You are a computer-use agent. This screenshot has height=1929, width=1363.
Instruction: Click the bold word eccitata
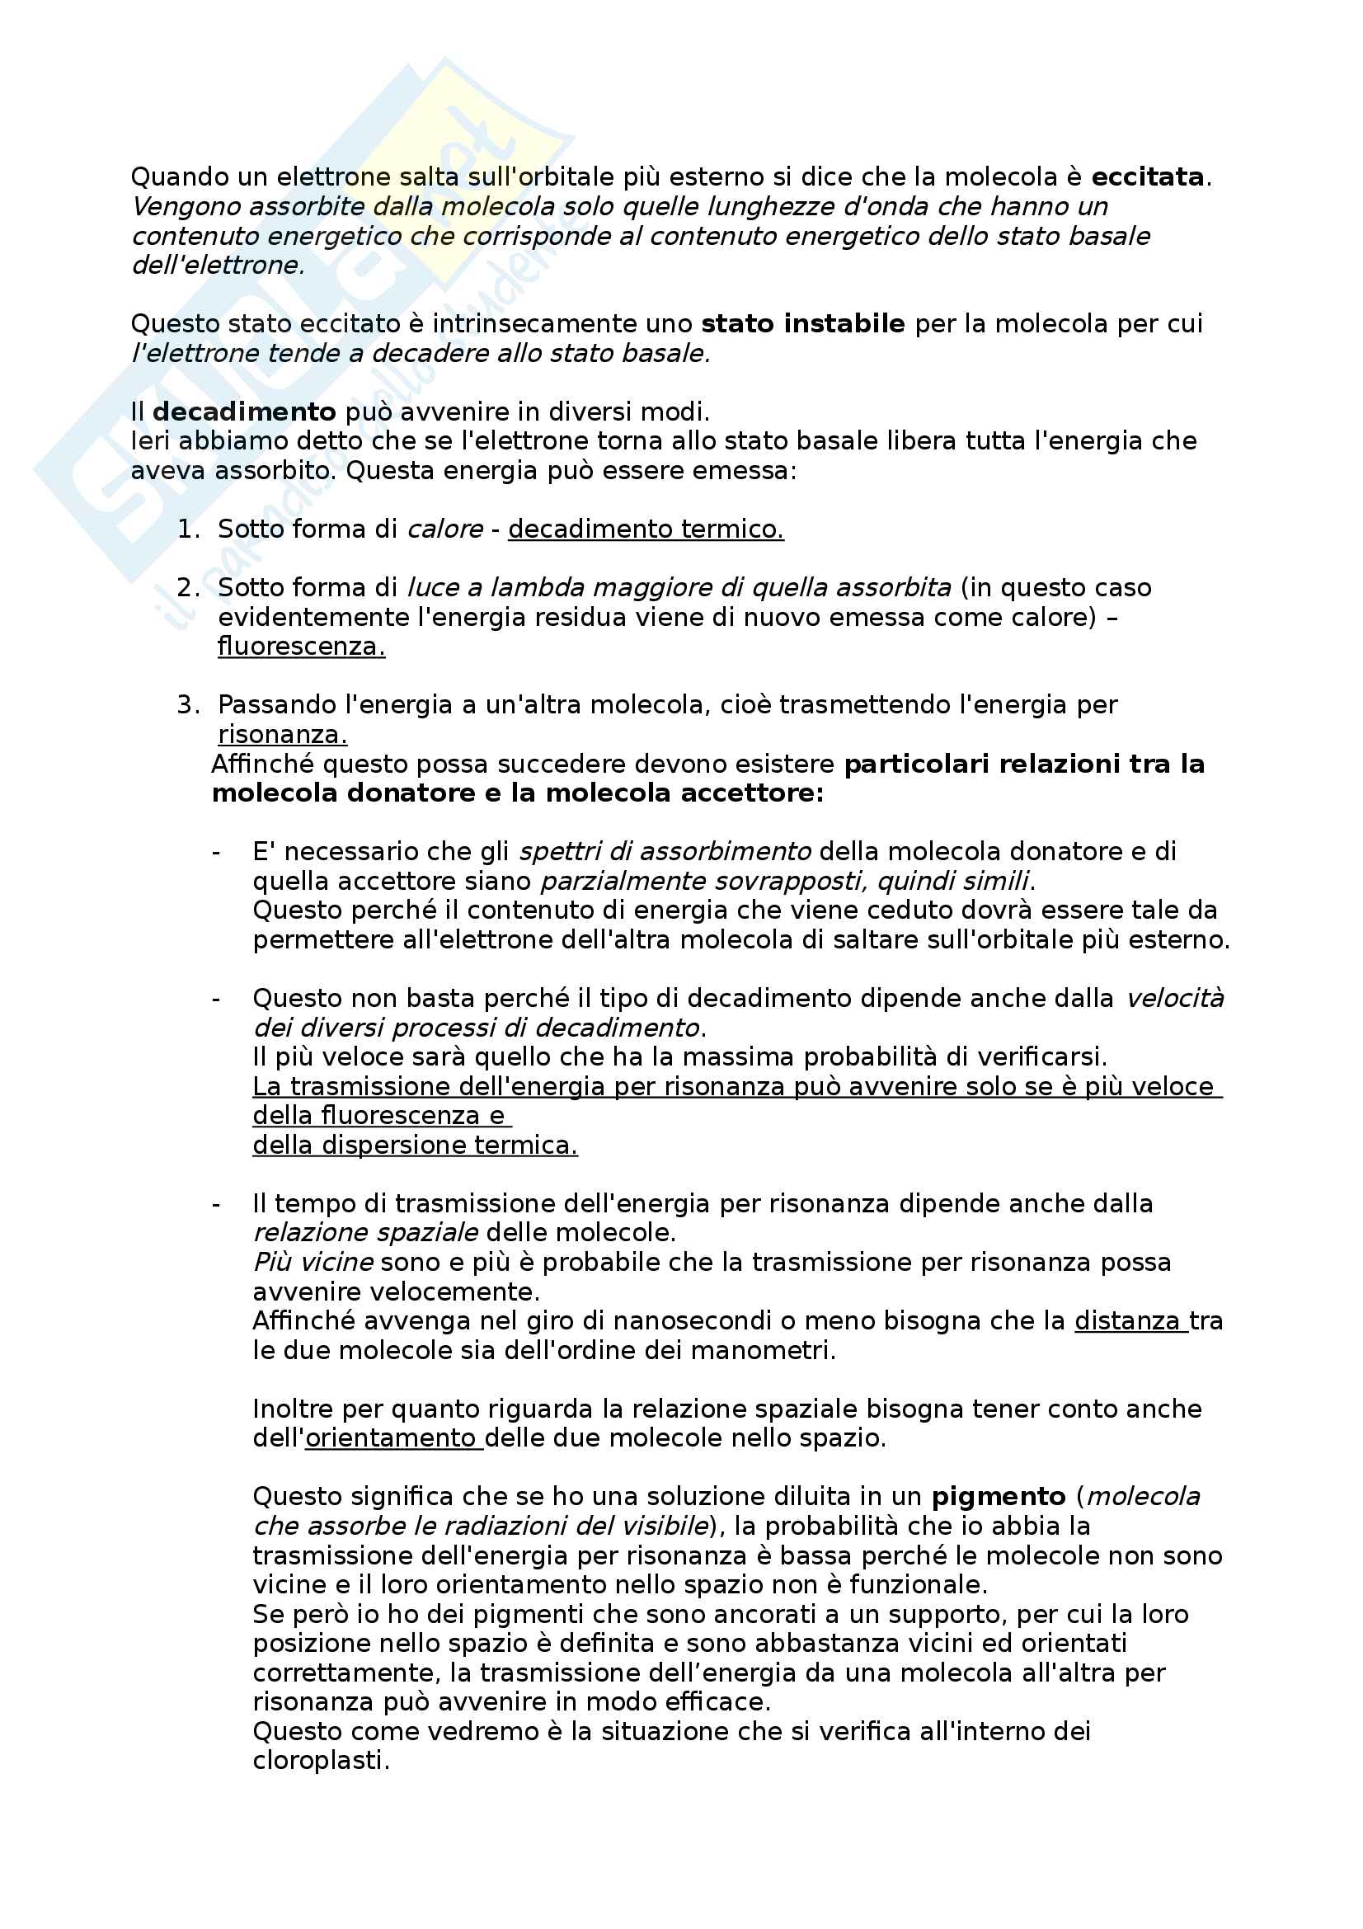click(x=1147, y=177)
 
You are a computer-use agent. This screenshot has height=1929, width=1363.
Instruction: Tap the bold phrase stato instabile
click(x=802, y=323)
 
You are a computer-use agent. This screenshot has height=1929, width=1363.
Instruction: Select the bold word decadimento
click(x=244, y=412)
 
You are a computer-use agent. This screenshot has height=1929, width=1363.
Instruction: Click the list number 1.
click(x=186, y=529)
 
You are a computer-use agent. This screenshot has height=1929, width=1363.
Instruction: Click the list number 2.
click(x=186, y=588)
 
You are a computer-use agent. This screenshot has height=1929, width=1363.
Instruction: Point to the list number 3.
click(x=186, y=705)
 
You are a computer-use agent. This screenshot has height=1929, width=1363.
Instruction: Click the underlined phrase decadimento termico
click(x=645, y=529)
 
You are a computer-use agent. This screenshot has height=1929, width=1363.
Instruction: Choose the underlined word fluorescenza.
click(x=301, y=646)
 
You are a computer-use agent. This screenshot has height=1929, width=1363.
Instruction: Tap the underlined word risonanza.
click(x=282, y=734)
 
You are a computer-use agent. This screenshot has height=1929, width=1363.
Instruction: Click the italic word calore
click(x=445, y=529)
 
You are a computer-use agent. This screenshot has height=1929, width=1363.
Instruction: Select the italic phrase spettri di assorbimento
click(x=665, y=852)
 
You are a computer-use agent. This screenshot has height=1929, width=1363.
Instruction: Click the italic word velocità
click(x=1175, y=998)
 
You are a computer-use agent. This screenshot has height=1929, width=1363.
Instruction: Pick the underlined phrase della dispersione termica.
click(x=415, y=1146)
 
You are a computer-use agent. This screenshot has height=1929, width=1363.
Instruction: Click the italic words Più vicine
click(x=313, y=1262)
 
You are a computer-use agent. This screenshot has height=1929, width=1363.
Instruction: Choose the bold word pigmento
click(x=999, y=1496)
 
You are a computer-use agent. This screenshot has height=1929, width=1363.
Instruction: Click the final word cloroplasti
click(x=320, y=1760)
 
